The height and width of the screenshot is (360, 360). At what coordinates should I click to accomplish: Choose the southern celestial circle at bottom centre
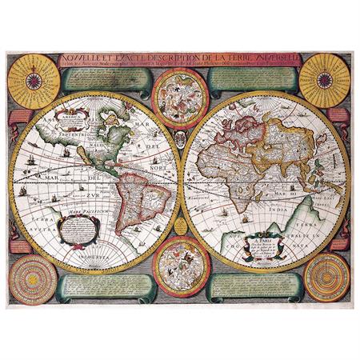179,264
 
